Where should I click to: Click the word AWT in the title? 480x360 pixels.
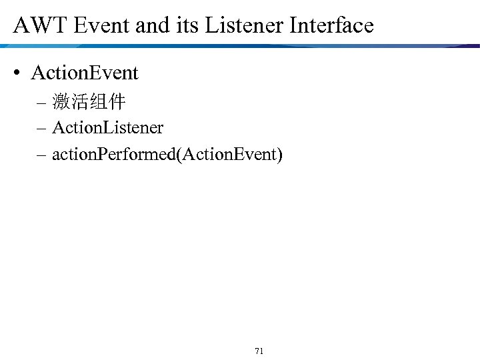38,25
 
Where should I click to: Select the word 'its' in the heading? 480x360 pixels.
188,25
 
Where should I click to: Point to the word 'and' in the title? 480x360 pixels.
153,25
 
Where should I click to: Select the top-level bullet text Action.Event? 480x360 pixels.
85,73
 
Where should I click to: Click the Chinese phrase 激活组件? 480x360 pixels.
89,103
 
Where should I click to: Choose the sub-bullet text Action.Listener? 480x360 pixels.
107,127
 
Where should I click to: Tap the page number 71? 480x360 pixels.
259,351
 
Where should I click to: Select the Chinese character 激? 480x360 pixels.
61,103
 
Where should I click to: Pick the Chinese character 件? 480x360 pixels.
117,103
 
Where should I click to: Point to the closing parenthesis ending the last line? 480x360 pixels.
280,156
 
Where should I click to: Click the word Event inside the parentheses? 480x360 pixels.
254,155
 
